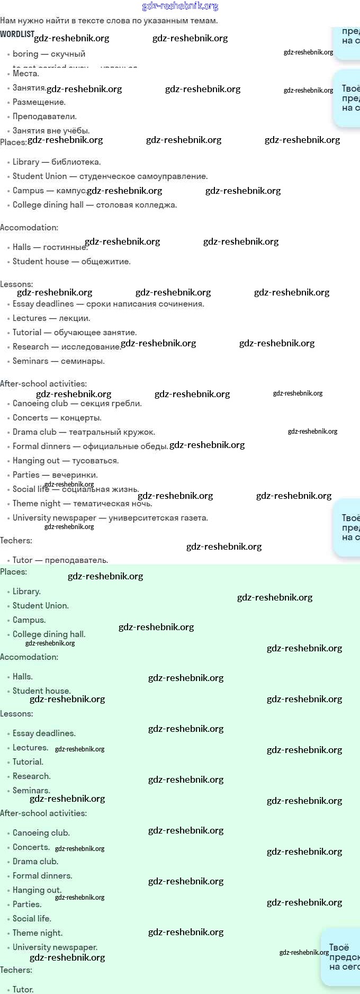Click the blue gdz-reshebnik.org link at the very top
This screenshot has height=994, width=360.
(x=180, y=6)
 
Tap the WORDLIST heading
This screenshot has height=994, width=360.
(x=17, y=34)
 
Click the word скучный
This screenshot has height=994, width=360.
(x=68, y=54)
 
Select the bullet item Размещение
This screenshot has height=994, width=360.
(x=39, y=102)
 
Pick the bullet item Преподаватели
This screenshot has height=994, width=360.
(x=44, y=117)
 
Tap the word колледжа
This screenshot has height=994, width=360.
(x=158, y=205)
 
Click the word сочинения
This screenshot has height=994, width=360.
(x=183, y=304)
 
